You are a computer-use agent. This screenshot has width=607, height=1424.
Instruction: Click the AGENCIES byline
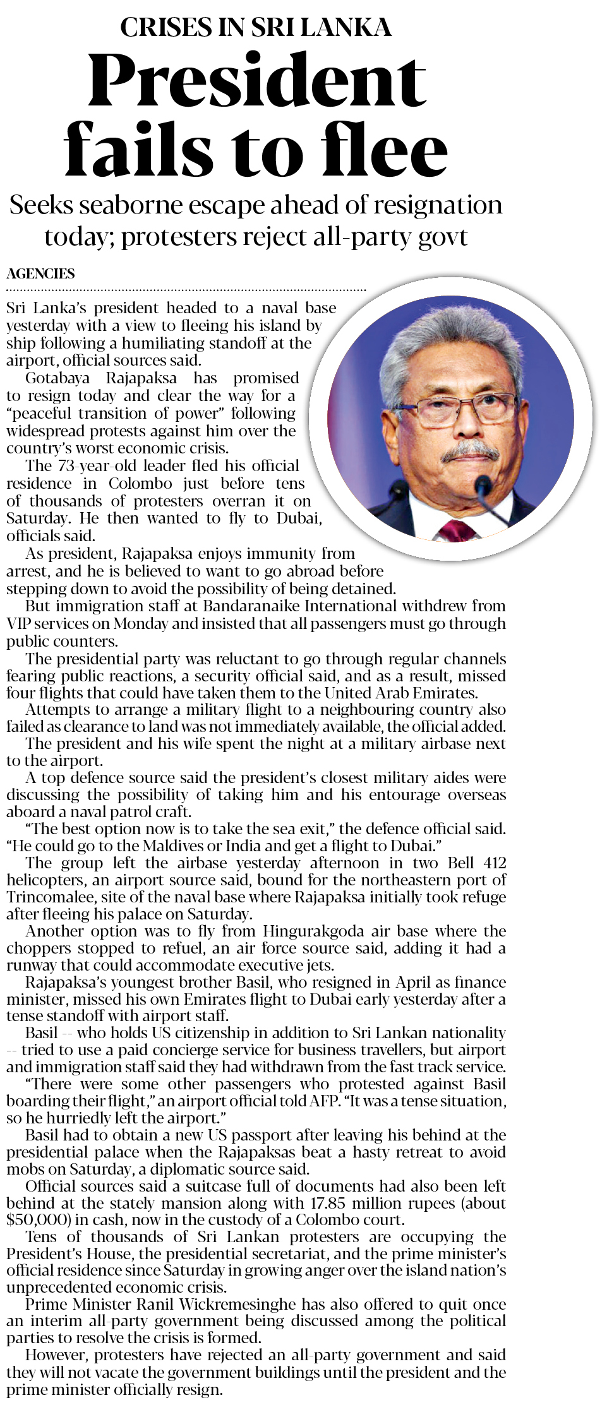pyautogui.click(x=40, y=273)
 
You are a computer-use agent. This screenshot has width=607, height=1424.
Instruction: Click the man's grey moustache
pyautogui.click(x=470, y=452)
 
